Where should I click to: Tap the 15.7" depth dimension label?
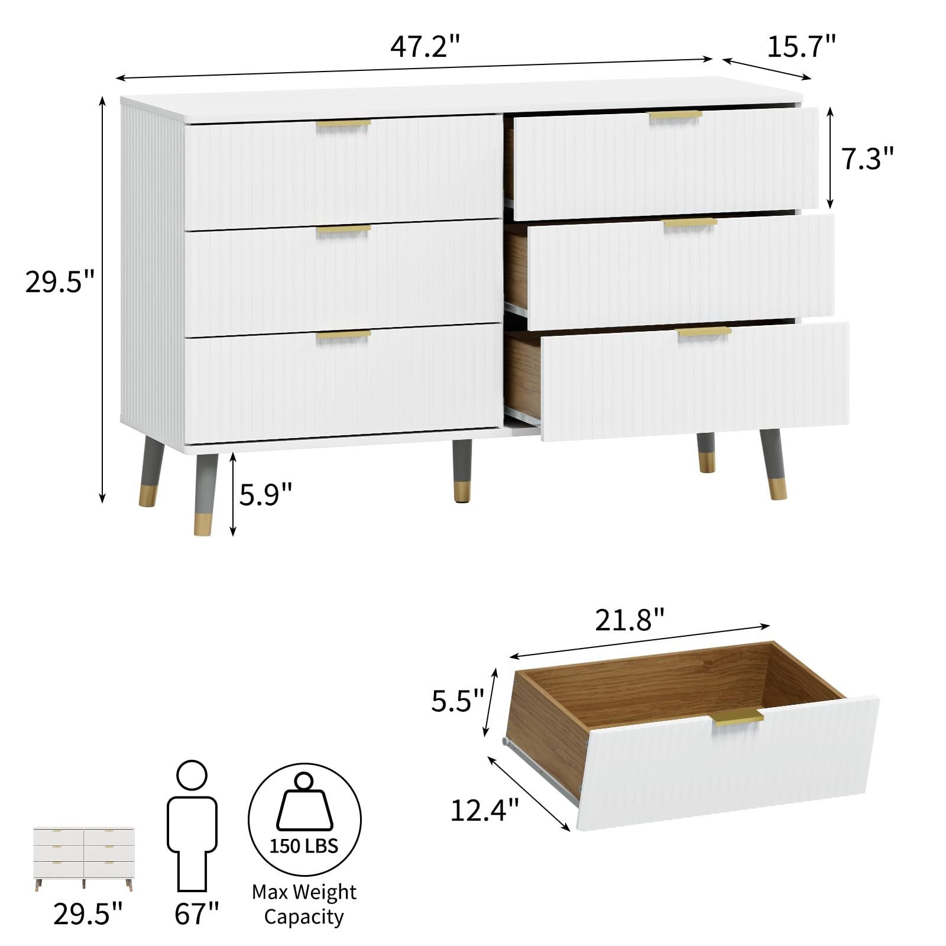click(x=801, y=46)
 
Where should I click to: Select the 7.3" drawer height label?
click(x=867, y=158)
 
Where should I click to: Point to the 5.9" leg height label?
click(x=265, y=494)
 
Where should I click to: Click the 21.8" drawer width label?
click(x=630, y=620)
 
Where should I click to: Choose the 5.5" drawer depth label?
click(x=458, y=701)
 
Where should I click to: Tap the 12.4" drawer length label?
click(x=485, y=810)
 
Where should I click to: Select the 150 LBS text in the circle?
click(x=304, y=846)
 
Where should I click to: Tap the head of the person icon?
click(x=192, y=775)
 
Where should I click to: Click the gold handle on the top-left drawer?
click(x=344, y=125)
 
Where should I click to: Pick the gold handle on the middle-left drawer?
click(x=344, y=230)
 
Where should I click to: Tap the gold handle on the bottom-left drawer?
click(x=344, y=336)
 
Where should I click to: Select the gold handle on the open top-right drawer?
click(x=675, y=116)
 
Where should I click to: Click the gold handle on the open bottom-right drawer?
click(x=704, y=332)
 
